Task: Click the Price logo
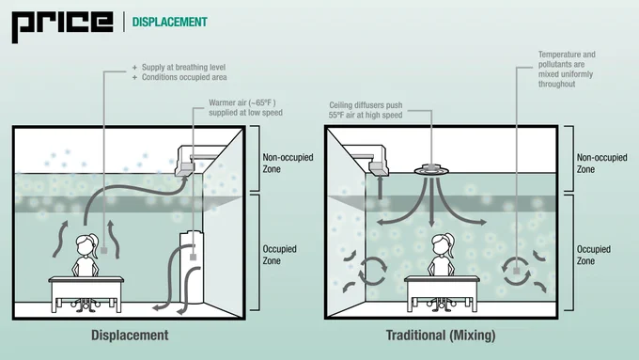point(62,26)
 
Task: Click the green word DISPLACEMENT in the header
point(169,22)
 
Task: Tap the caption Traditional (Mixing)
point(441,336)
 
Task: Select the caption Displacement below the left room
point(130,336)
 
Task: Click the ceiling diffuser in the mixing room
point(431,169)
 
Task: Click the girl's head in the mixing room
point(443,244)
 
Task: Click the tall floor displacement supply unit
point(192,267)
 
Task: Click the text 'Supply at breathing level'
point(183,68)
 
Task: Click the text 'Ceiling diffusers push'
point(366,105)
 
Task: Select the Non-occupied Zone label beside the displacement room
point(288,163)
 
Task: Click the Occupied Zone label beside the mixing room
point(593,255)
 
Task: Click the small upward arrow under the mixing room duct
point(380,188)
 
